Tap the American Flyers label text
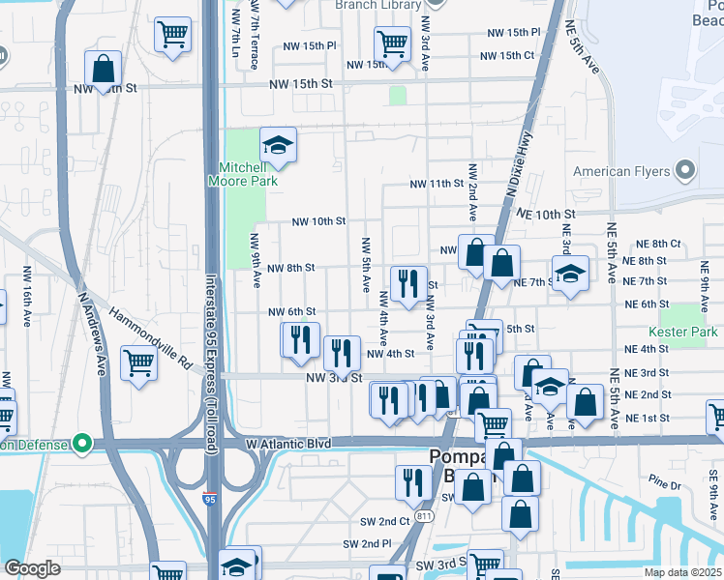pos(621,172)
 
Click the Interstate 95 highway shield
pos(210,500)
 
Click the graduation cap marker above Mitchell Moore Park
pos(278,146)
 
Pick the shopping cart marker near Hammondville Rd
pos(139,363)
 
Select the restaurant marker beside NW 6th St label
pos(300,338)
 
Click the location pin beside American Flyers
pos(685,171)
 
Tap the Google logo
pos(32,568)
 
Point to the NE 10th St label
pos(546,214)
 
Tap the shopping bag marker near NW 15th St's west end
pos(104,69)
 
